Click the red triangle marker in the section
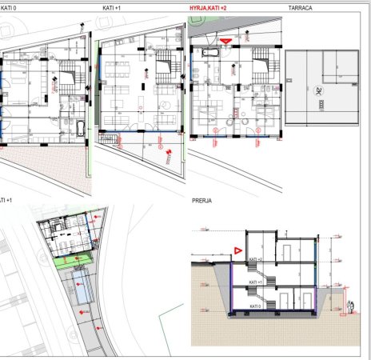click(237, 249)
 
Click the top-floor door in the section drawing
click(285, 250)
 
